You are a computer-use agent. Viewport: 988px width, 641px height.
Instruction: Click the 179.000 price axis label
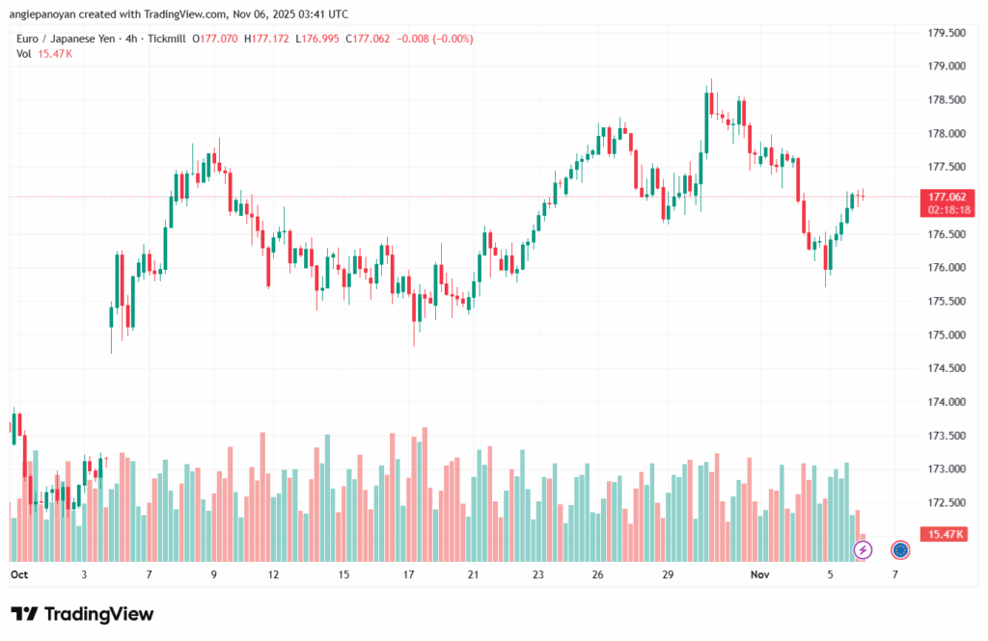pos(946,67)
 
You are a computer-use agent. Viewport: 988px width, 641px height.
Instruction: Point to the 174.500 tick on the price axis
pos(946,368)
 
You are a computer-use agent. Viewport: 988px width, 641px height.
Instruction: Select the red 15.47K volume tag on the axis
pos(945,534)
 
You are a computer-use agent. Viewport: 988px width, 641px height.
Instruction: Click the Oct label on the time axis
pos(18,574)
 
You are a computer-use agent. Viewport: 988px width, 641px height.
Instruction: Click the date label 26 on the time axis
pos(599,574)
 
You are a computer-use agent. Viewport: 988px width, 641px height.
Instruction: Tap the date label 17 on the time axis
pos(409,574)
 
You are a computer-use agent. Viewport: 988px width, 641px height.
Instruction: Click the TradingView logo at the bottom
pos(82,614)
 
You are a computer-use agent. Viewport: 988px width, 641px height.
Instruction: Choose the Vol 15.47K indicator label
pos(44,54)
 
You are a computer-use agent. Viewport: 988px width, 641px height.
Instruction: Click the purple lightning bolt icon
pos(864,549)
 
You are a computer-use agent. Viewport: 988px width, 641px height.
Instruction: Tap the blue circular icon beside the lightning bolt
pos(900,549)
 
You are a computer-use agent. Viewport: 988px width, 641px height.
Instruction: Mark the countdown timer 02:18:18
pos(948,208)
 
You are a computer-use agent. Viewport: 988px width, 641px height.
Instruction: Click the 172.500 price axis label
pos(946,502)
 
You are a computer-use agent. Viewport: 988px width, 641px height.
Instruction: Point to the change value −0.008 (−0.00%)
pos(440,39)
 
